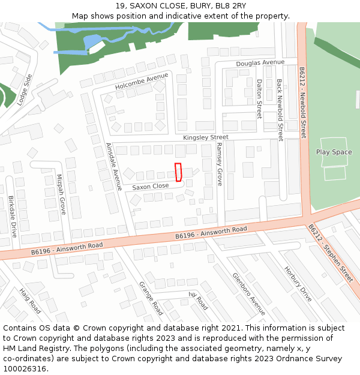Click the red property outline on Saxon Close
(178, 172)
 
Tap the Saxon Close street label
(151, 187)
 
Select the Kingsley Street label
(206, 137)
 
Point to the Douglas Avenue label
(260, 62)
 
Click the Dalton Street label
(259, 99)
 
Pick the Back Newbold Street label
(280, 110)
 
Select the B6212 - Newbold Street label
(303, 103)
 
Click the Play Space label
(334, 152)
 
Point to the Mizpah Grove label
(61, 194)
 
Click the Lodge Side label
(25, 90)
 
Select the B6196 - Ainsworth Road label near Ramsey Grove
(211, 233)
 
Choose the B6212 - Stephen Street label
(331, 254)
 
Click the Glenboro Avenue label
(248, 294)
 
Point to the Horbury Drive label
(298, 284)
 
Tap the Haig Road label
(30, 300)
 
